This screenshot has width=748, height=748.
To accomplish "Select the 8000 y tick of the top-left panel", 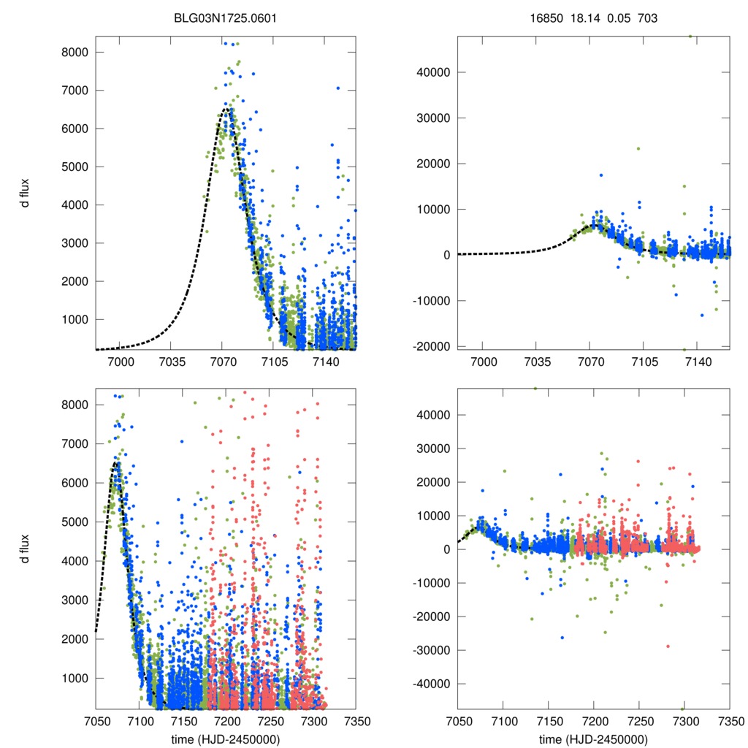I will (x=75, y=53).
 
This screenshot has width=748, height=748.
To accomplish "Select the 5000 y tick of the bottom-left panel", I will (x=75, y=522).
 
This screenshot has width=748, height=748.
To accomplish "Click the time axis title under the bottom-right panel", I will (x=593, y=739).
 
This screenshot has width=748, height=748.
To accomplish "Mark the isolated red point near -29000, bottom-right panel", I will (x=668, y=646).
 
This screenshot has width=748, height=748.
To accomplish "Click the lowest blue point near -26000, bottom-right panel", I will (x=562, y=638).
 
